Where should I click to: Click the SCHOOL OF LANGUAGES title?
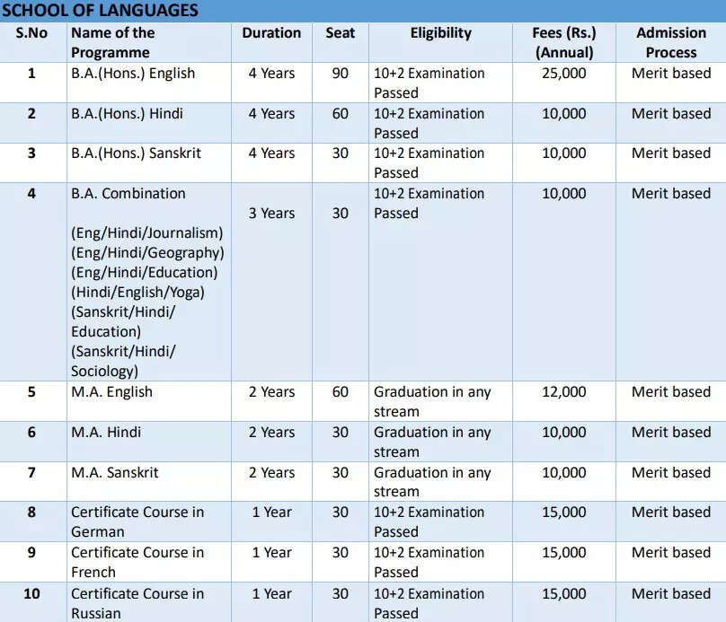[100, 11]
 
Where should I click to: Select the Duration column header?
[271, 33]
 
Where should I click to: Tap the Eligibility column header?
[440, 33]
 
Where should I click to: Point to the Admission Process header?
[671, 43]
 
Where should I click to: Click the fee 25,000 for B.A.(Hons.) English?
[564, 74]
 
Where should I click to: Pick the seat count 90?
[341, 74]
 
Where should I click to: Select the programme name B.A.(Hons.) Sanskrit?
[136, 153]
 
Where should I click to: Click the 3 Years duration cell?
[271, 214]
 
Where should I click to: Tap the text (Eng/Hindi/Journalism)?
[147, 233]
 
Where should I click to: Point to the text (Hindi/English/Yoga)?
[137, 293]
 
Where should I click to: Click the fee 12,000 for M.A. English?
[564, 392]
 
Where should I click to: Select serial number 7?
[31, 472]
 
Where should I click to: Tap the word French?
[93, 572]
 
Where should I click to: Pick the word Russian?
[96, 613]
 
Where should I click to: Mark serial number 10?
[31, 593]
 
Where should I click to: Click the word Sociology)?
[105, 371]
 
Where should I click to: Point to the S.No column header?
[31, 33]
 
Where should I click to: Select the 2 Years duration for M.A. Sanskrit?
[271, 472]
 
